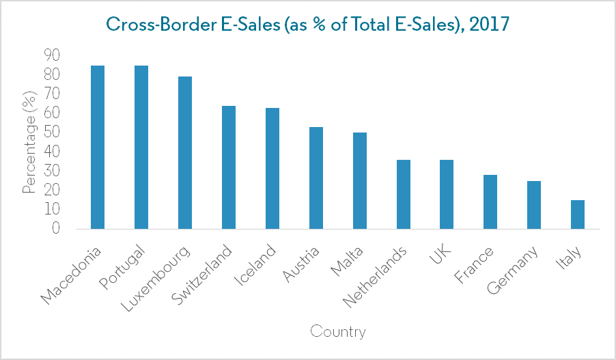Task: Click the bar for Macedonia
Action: coord(98,147)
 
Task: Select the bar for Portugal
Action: coord(141,147)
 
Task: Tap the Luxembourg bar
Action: coord(185,152)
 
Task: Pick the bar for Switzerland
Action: coord(229,167)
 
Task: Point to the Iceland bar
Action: coord(272,168)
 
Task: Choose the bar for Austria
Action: coord(316,178)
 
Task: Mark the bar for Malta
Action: coord(360,180)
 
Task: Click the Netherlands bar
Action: coord(404,194)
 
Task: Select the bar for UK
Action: coord(447,194)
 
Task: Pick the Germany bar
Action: coord(534,204)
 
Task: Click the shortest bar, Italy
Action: coord(578,214)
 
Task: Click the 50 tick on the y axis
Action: coord(52,132)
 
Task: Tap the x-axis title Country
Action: coord(338,332)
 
